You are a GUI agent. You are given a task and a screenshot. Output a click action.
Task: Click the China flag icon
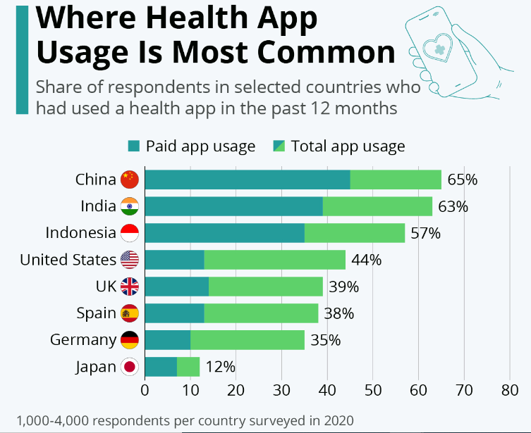tap(130, 180)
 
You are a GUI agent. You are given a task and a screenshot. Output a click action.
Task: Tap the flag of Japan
tap(130, 367)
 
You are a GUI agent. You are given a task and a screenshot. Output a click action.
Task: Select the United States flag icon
tap(130, 260)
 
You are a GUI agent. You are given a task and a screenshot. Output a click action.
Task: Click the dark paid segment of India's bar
tap(233, 206)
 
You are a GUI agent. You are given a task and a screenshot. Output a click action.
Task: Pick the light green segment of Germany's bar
tap(247, 340)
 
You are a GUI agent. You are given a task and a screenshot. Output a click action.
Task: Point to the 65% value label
tap(462, 180)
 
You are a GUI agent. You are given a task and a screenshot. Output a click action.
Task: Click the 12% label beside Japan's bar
tap(220, 367)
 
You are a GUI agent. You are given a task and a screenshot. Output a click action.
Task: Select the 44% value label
tap(366, 260)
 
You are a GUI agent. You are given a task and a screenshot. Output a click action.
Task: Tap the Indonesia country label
tap(80, 233)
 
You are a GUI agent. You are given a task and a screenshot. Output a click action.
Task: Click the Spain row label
tap(96, 313)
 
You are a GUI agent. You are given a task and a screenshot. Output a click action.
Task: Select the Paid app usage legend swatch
tap(134, 146)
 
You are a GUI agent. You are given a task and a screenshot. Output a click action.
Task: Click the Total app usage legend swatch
tap(279, 146)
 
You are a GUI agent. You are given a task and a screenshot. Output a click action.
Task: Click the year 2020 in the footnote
tap(338, 420)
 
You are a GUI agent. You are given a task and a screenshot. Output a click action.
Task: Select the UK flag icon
tap(130, 287)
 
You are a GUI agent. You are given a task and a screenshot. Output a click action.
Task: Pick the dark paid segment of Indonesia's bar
tap(224, 233)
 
